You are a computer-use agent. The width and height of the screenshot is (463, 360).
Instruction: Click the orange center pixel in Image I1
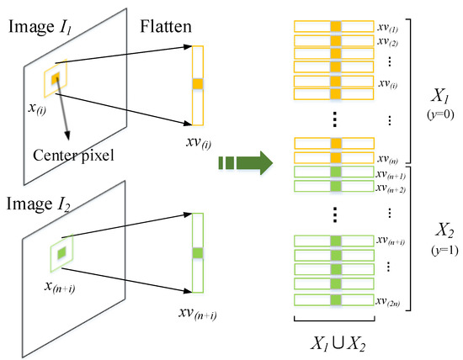pos(56,78)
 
